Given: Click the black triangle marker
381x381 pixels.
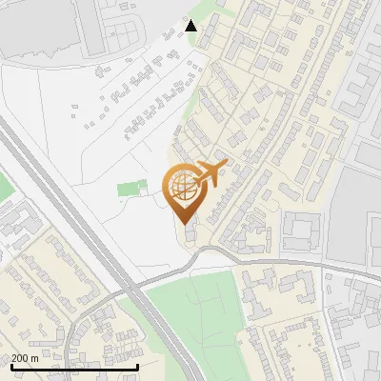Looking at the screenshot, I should click(191, 26).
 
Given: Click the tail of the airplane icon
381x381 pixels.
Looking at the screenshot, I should click(221, 166).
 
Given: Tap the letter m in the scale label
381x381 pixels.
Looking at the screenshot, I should click(35, 358).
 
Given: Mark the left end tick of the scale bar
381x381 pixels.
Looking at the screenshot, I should click(10, 365).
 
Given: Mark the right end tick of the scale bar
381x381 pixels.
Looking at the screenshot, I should click(138, 365).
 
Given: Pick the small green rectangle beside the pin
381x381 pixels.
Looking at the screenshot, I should click(128, 188).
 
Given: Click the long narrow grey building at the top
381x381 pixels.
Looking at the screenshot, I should click(91, 27).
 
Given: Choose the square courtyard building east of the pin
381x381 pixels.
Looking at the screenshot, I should click(297, 231).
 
